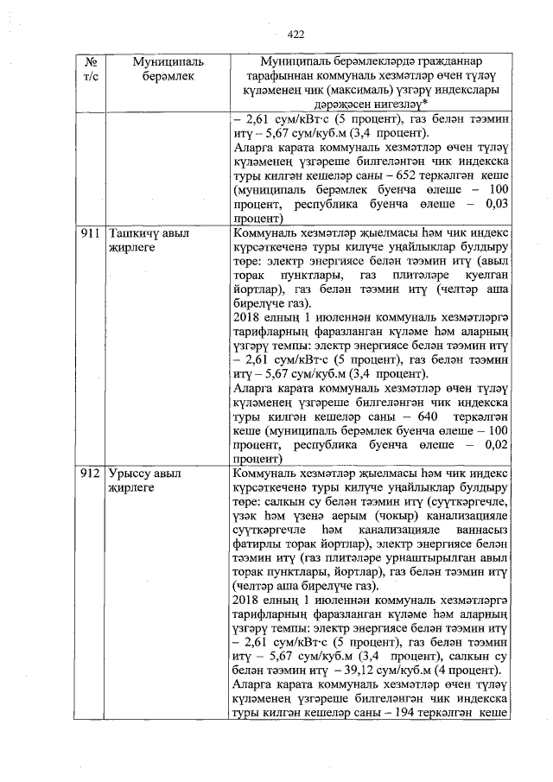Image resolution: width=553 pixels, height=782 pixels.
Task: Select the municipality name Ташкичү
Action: (136, 233)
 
